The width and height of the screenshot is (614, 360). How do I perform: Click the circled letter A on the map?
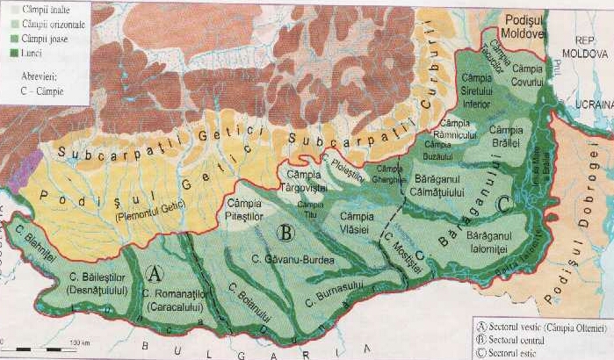point(155,272)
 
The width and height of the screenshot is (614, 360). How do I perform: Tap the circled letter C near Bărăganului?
point(502,204)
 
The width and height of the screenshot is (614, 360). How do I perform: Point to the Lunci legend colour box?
point(7,54)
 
